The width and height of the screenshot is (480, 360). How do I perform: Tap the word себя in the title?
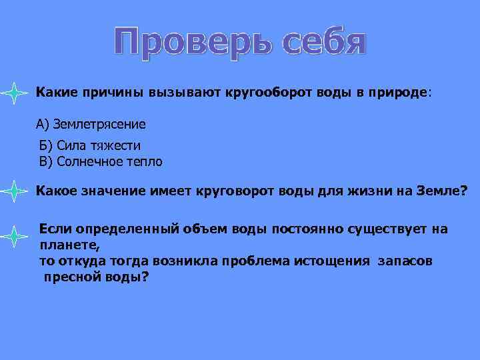(323, 43)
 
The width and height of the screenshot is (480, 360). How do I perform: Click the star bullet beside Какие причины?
(13, 93)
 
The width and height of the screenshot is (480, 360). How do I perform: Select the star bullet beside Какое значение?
(13, 192)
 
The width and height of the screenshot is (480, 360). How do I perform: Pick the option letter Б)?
(47, 146)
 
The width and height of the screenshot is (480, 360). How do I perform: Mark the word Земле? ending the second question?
(437, 191)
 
